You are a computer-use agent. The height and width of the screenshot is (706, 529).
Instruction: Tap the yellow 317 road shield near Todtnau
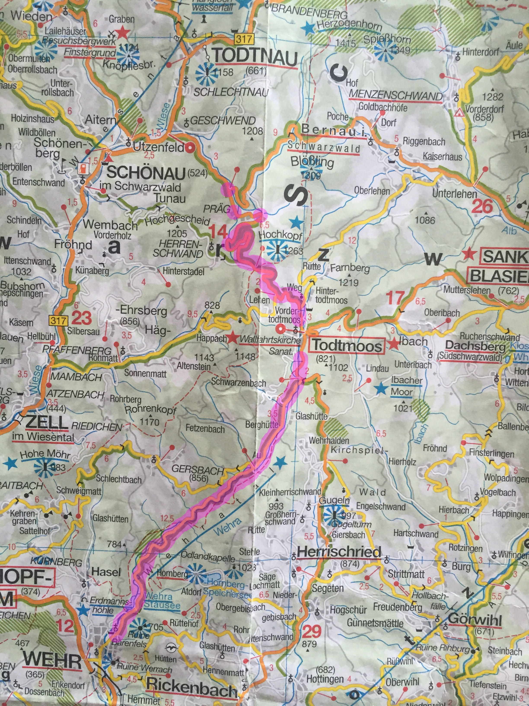244,39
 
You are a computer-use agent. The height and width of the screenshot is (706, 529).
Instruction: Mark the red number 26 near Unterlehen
482,206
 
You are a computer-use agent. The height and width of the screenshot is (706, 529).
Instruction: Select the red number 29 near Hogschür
312,631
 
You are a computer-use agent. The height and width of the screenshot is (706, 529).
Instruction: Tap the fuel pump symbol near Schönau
83,168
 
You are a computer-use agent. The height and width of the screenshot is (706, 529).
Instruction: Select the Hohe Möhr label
45,454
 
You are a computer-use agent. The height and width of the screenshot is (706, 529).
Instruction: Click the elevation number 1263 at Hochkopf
293,251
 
